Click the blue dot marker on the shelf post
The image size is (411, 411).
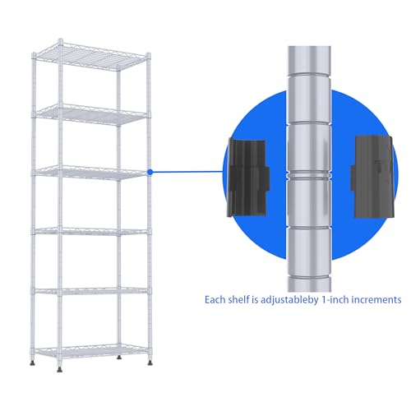(150, 172)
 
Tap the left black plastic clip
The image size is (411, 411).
(248, 178)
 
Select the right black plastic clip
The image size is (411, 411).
(373, 177)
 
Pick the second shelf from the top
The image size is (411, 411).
(91, 114)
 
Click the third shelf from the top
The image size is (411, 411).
(91, 173)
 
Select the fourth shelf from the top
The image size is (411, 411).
(91, 232)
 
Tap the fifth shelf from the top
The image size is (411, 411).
(91, 291)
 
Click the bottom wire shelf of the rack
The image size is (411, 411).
(91, 351)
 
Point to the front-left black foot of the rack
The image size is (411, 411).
(59, 370)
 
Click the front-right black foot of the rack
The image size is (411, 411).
(150, 363)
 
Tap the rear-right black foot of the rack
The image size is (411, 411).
(119, 358)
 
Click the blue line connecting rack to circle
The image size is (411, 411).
(188, 172)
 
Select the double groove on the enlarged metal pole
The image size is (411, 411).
(309, 174)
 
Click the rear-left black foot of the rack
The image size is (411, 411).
(33, 363)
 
